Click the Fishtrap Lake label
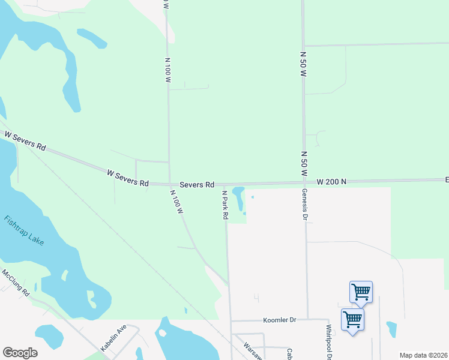click(x=23, y=230)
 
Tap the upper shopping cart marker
click(x=361, y=292)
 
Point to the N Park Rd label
click(x=225, y=205)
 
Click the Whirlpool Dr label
click(x=329, y=340)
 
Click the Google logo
click(x=20, y=352)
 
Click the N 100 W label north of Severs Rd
click(x=168, y=70)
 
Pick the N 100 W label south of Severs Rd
click(x=176, y=203)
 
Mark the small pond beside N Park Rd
click(x=238, y=197)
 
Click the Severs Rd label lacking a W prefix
click(x=197, y=184)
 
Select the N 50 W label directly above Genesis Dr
click(x=303, y=163)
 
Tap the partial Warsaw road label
click(x=253, y=352)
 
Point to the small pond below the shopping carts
click(x=392, y=329)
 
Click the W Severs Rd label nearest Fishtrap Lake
click(x=25, y=142)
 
